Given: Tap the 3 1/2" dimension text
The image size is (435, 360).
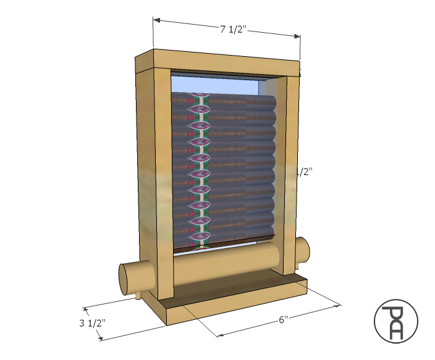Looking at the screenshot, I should tap(93, 322).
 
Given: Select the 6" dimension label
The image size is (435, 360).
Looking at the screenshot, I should tap(283, 320).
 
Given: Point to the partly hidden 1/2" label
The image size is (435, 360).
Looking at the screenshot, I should tap(304, 172).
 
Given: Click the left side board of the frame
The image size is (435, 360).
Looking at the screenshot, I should tap(153, 185).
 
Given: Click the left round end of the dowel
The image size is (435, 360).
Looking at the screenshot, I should tap(129, 279).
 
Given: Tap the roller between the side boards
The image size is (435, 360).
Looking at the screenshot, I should tap(226, 262).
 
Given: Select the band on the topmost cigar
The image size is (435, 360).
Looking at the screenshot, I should tap(199, 97).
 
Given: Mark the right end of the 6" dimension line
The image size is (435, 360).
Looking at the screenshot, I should tap(339, 304).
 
